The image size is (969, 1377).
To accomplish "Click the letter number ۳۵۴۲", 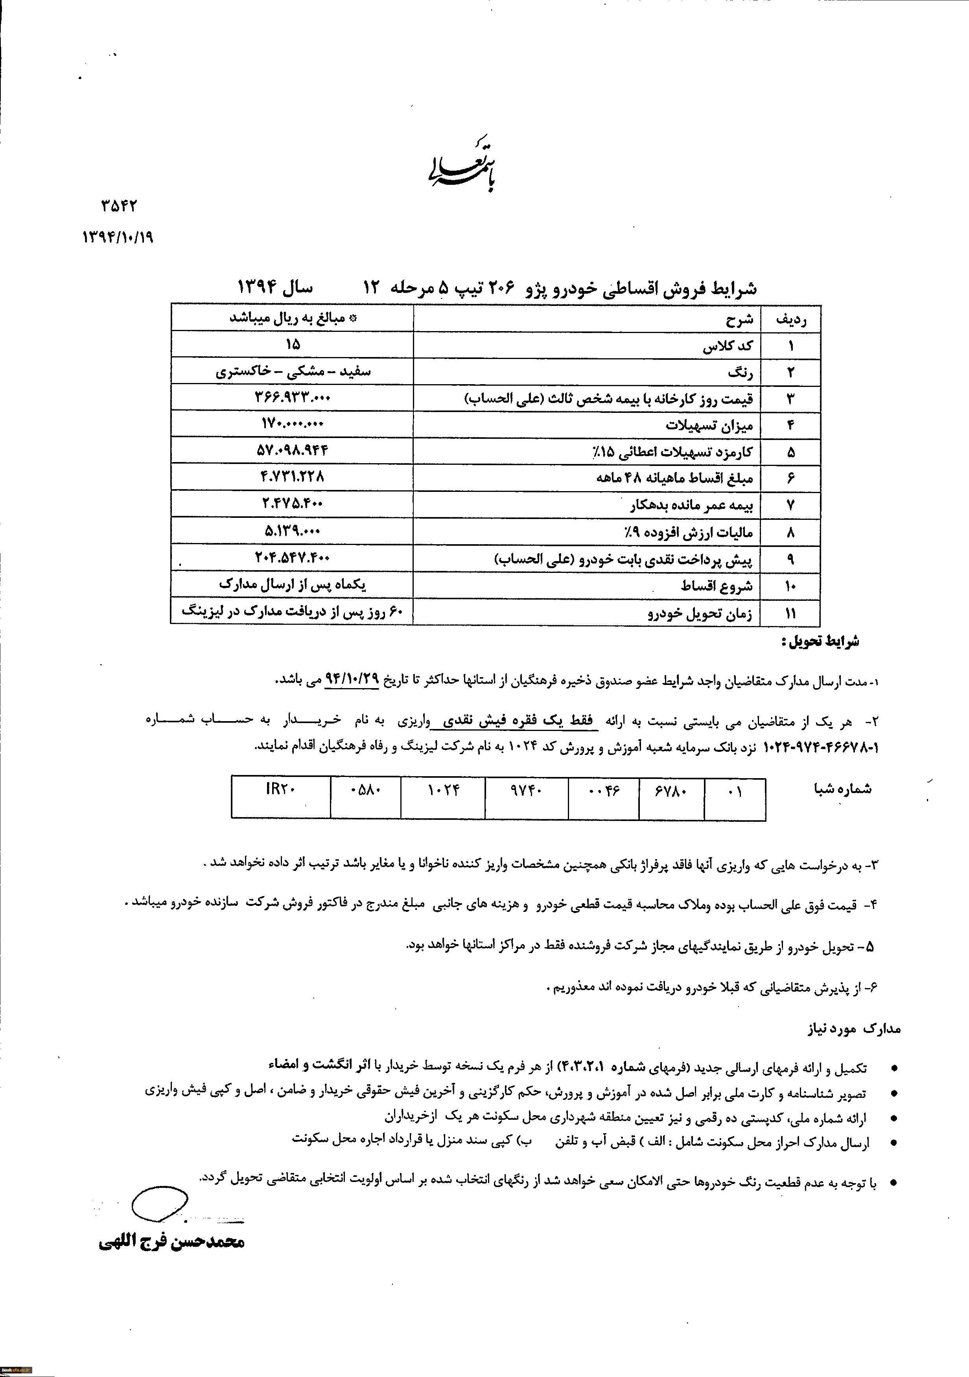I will [x=120, y=206].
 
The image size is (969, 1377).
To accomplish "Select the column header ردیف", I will [x=791, y=320].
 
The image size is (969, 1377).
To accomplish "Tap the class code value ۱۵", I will [x=293, y=344].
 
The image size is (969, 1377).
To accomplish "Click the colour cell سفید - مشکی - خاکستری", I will [x=293, y=371].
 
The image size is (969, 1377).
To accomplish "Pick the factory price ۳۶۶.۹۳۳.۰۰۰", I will [x=293, y=397].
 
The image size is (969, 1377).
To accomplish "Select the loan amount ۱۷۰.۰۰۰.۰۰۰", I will [x=293, y=423].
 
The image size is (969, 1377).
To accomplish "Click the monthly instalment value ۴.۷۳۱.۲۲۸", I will [x=293, y=477].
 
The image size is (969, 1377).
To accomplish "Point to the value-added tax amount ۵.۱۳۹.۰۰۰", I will [x=293, y=531].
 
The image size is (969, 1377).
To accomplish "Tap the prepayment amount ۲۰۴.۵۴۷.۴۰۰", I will [x=293, y=558].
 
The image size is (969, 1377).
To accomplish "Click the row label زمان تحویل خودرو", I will [x=700, y=613].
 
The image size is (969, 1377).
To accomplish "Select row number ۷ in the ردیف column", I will [x=791, y=505].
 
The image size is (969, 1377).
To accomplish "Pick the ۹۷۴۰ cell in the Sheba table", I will [x=526, y=790].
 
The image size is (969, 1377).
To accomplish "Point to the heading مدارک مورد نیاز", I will [x=853, y=1029].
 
